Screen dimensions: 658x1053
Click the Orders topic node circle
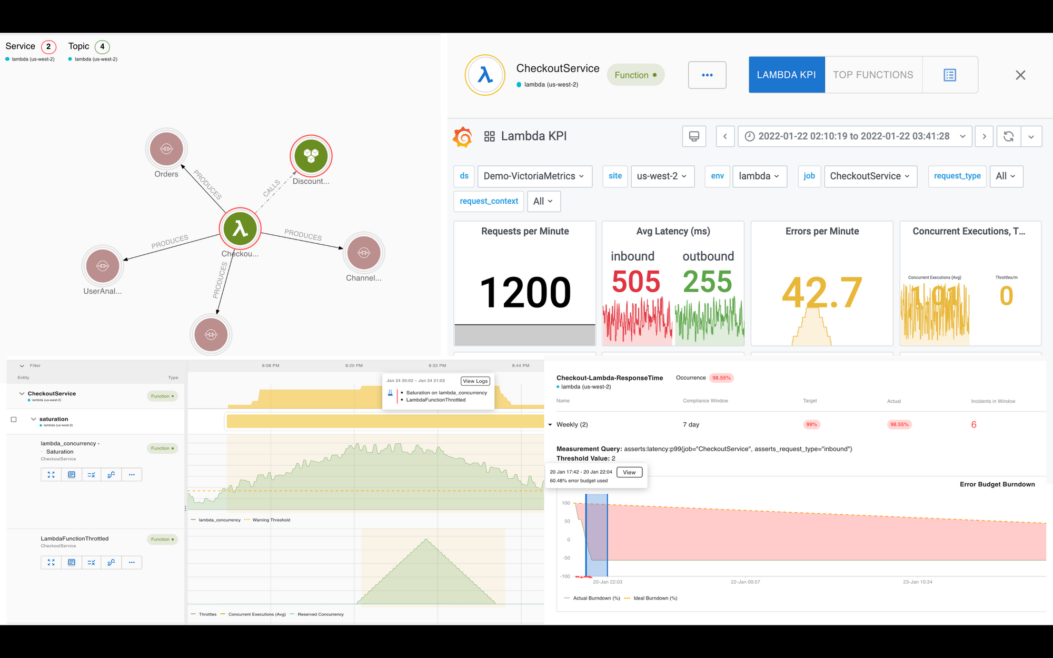166,149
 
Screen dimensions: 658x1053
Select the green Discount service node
311,156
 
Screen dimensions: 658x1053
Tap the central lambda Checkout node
240,228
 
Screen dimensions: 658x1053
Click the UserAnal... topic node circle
103,266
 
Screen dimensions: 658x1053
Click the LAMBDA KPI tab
787,75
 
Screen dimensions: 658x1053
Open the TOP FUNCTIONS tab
873,75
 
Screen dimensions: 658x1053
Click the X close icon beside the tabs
1020,75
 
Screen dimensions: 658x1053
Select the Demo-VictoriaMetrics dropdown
534,176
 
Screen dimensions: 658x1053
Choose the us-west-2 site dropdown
662,176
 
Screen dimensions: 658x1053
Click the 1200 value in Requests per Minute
525,293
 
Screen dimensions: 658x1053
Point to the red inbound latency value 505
635,282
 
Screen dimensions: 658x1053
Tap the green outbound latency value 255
707,282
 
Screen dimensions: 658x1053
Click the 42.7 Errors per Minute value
822,293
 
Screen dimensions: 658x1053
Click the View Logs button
475,381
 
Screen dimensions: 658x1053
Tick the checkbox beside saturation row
14,420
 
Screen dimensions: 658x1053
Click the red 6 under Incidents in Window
973,425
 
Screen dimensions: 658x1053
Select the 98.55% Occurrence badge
721,378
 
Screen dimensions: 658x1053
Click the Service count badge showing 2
48,46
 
